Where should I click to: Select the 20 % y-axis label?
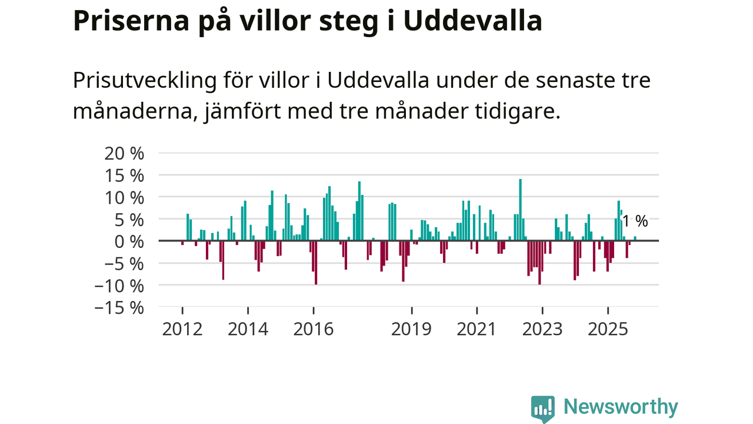pyautogui.click(x=124, y=153)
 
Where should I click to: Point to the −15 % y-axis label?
pyautogui.click(x=119, y=307)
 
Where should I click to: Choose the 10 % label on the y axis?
pyautogui.click(x=124, y=197)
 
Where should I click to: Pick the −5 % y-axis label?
pyautogui.click(x=119, y=263)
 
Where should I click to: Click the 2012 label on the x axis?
pyautogui.click(x=182, y=329)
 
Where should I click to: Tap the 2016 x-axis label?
pyautogui.click(x=314, y=329)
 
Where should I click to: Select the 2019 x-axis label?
pyautogui.click(x=412, y=329)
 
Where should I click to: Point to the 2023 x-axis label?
pyautogui.click(x=542, y=329)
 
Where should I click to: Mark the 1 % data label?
pyautogui.click(x=635, y=221)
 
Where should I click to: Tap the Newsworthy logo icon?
pyautogui.click(x=542, y=408)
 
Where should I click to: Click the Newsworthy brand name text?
pyautogui.click(x=621, y=407)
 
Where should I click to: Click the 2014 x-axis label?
pyautogui.click(x=248, y=329)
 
